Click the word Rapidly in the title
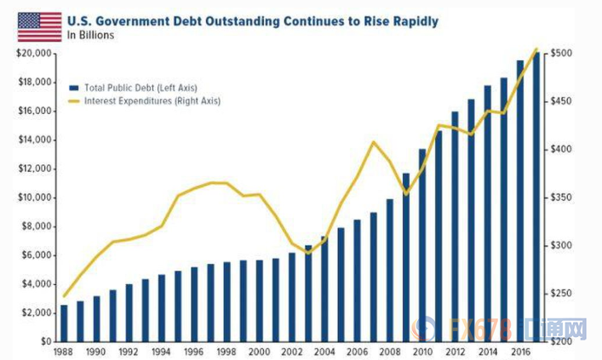411,20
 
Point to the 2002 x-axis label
292,350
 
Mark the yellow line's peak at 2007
373,142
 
